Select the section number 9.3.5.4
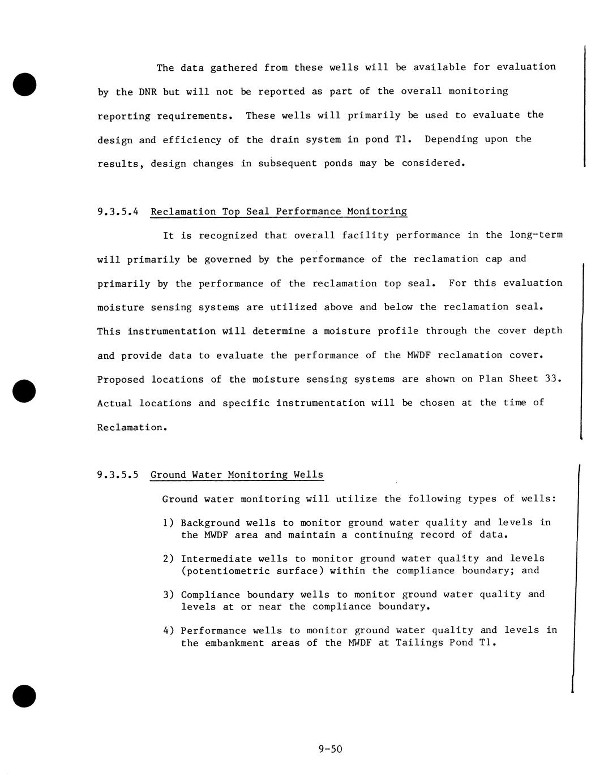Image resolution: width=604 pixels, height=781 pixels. (118, 212)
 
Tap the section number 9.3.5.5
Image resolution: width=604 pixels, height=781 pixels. (118, 475)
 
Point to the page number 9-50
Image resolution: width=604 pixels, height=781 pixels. (331, 750)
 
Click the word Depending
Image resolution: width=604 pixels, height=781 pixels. (451, 139)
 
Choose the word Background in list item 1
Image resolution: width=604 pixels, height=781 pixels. (211, 523)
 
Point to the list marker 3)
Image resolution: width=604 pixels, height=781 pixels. (168, 595)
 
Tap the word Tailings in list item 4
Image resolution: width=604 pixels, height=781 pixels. (419, 643)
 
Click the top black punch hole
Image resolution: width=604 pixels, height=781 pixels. (24, 83)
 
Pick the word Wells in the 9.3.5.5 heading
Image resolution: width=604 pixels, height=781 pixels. (309, 475)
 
